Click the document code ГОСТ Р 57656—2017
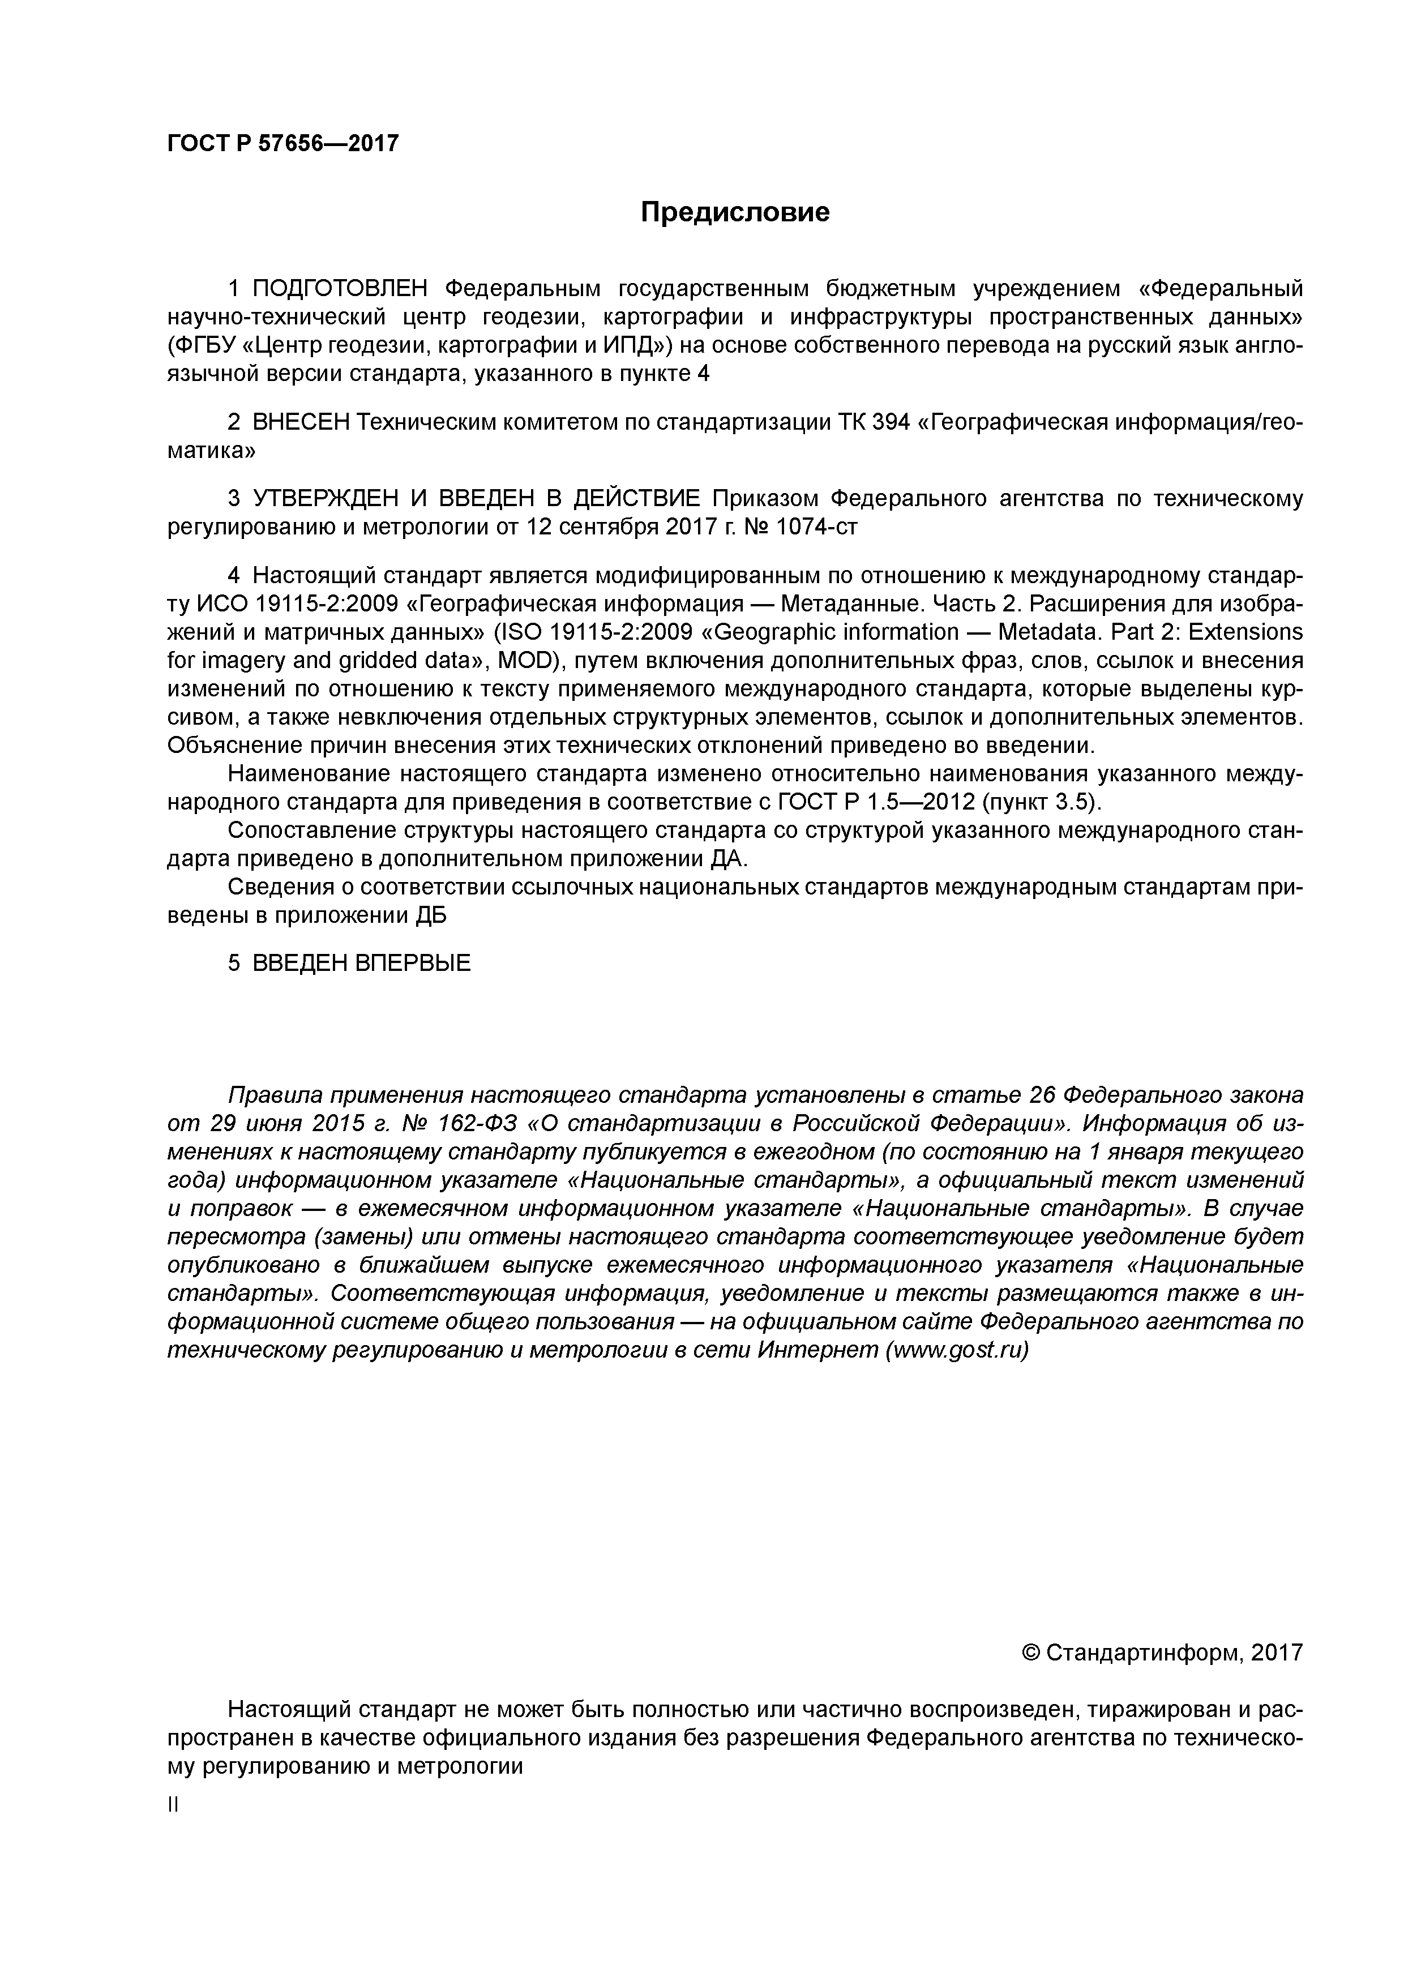pyautogui.click(x=283, y=143)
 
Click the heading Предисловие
pyautogui.click(x=734, y=212)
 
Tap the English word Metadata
pyautogui.click(x=1045, y=632)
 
